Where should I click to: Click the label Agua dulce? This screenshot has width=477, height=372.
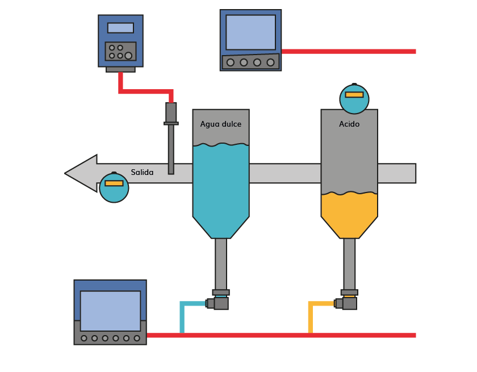point(221,124)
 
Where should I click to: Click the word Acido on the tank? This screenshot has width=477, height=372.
point(349,124)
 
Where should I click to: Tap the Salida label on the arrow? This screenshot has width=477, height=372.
point(142,172)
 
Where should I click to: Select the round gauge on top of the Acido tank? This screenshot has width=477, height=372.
point(354,99)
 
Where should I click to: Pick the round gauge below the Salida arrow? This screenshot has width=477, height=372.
point(114,187)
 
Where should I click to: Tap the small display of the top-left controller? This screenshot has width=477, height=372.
point(120,28)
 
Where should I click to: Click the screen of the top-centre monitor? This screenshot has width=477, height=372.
point(250,32)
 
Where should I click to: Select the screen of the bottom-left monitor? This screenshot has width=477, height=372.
point(110,310)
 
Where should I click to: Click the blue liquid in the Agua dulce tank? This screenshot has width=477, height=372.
point(221,187)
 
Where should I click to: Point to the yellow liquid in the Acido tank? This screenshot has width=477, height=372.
point(349,213)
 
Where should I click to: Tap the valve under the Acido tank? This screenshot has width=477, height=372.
point(348,303)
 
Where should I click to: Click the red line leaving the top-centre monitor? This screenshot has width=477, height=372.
point(349,52)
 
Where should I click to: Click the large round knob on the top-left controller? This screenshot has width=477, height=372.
point(129,55)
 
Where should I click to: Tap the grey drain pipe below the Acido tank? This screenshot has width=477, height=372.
point(349,264)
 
